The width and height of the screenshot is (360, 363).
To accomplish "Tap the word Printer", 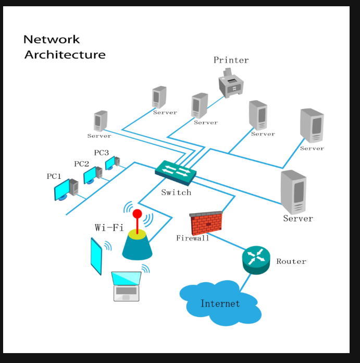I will (x=231, y=60).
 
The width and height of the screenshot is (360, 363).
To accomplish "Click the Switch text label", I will (x=176, y=192).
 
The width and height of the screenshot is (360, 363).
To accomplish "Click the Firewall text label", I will (x=192, y=238).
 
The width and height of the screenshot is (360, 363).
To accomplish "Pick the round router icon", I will (x=256, y=259).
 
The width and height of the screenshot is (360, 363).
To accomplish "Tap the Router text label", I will (x=291, y=261).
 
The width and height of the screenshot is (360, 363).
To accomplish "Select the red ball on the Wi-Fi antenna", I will (x=137, y=213).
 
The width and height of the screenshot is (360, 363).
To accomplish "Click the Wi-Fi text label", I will (x=109, y=227).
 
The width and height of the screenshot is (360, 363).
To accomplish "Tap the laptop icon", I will (x=127, y=286).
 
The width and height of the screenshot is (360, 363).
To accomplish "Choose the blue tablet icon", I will (x=96, y=256).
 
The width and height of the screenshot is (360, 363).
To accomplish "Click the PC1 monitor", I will (x=62, y=190).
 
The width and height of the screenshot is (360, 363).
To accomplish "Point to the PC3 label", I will (x=101, y=153).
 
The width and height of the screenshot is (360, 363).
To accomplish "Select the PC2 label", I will (x=82, y=164).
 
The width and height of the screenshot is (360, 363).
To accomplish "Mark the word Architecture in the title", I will (x=65, y=54).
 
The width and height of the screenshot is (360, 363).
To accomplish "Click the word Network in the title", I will (x=52, y=39).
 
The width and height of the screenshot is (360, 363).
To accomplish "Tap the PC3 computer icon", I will (x=112, y=163).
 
